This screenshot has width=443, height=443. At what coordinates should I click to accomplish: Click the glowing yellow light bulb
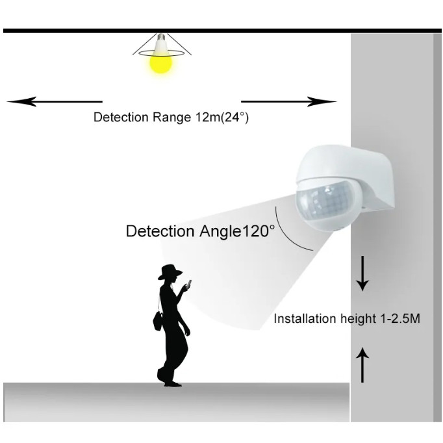click(x=160, y=62)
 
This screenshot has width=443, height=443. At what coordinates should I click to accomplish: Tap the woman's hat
click(x=170, y=272)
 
